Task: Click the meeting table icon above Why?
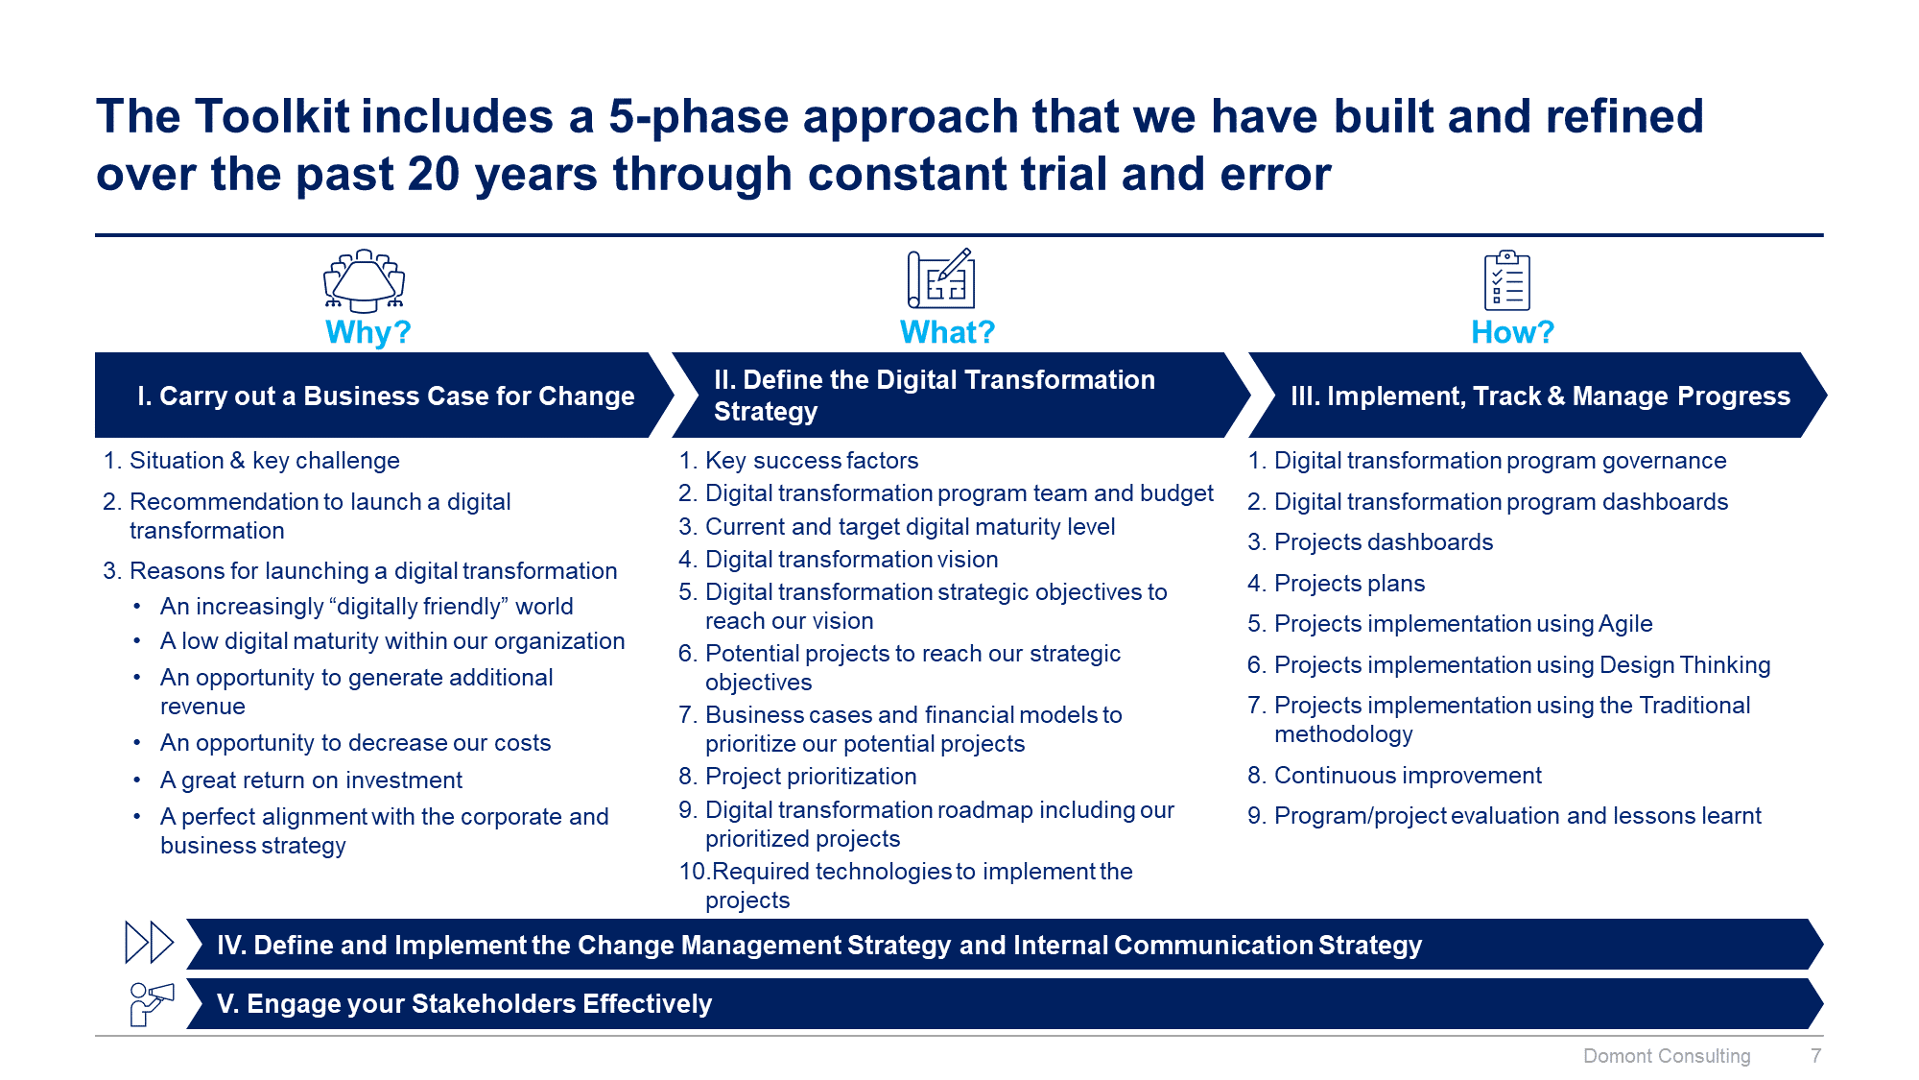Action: [x=364, y=281]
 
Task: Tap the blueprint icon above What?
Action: [x=941, y=279]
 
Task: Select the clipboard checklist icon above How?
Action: [x=1506, y=280]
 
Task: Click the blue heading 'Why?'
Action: [x=367, y=332]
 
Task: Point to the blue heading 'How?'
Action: [x=1512, y=332]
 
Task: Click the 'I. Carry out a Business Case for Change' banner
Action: [x=384, y=396]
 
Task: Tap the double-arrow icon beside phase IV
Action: [x=149, y=943]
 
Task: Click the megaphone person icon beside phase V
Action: [x=151, y=1003]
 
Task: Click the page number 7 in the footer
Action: [x=1815, y=1056]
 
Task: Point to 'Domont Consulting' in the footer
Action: [x=1666, y=1056]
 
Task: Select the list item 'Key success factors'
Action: [x=811, y=461]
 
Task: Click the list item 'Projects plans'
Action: [x=1348, y=584]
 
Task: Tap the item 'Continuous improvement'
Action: [x=1407, y=776]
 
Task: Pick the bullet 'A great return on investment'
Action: [x=311, y=780]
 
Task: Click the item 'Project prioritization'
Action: [x=810, y=777]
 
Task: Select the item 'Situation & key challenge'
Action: [x=264, y=461]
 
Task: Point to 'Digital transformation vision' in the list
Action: [x=851, y=560]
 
